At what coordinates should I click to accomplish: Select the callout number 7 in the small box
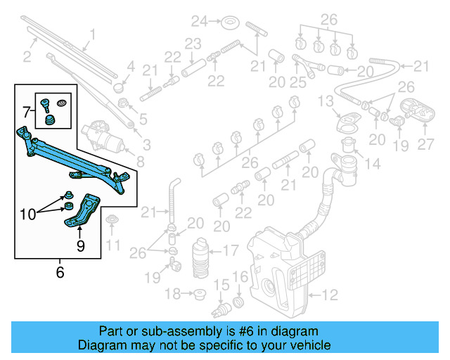point(27,111)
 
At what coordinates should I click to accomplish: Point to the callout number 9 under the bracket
point(80,245)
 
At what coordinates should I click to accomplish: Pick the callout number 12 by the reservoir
point(330,294)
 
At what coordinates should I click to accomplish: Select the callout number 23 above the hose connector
point(193,43)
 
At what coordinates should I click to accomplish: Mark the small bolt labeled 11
point(111,224)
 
